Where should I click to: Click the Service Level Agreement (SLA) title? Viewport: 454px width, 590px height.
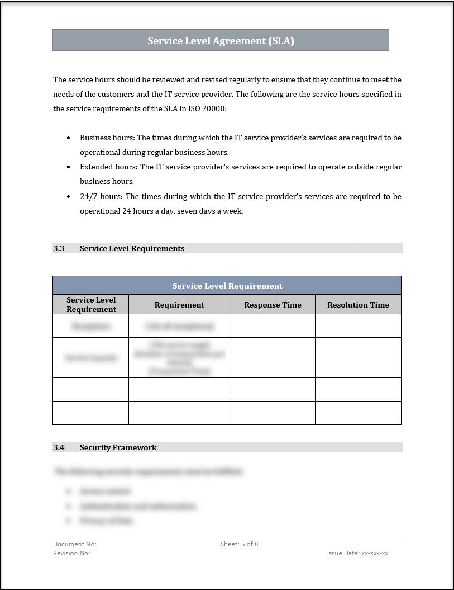[x=221, y=41]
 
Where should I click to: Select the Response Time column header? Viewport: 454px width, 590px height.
[x=273, y=305]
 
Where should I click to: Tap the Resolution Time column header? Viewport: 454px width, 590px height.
[x=358, y=305]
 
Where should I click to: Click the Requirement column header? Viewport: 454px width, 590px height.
[x=179, y=305]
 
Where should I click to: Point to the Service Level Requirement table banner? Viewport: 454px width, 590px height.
[x=227, y=286]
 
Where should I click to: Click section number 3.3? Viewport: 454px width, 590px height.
[x=59, y=248]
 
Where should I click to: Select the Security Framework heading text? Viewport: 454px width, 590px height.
[x=118, y=447]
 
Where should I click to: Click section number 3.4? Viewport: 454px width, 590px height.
[x=59, y=447]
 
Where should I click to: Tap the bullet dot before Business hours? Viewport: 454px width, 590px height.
[x=69, y=138]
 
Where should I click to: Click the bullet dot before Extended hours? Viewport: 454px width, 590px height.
[x=69, y=167]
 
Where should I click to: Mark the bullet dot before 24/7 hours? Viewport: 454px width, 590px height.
[x=69, y=197]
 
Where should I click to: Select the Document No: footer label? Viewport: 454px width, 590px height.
[x=75, y=544]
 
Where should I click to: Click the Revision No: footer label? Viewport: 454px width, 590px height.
[x=71, y=553]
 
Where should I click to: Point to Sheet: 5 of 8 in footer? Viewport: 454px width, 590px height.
[x=239, y=544]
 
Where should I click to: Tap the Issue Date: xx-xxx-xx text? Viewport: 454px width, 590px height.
[x=357, y=553]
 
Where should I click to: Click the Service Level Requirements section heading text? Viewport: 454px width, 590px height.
[x=132, y=248]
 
